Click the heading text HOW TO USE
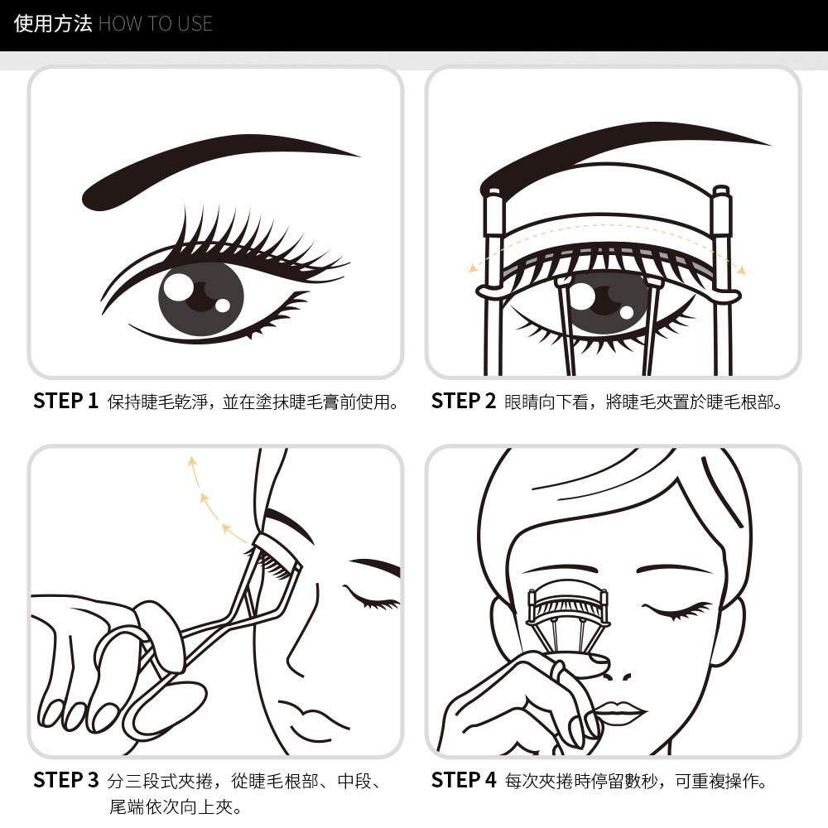pyautogui.click(x=156, y=24)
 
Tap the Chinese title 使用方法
pyautogui.click(x=53, y=24)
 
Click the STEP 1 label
pyautogui.click(x=66, y=401)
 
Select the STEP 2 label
pyautogui.click(x=464, y=401)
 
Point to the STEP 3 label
pyautogui.click(x=66, y=780)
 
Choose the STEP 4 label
pyautogui.click(x=464, y=780)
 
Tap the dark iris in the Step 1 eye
pyautogui.click(x=201, y=298)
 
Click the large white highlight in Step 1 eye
pyautogui.click(x=178, y=286)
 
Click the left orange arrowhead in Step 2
pyautogui.click(x=473, y=268)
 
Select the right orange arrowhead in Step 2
pyautogui.click(x=741, y=271)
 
